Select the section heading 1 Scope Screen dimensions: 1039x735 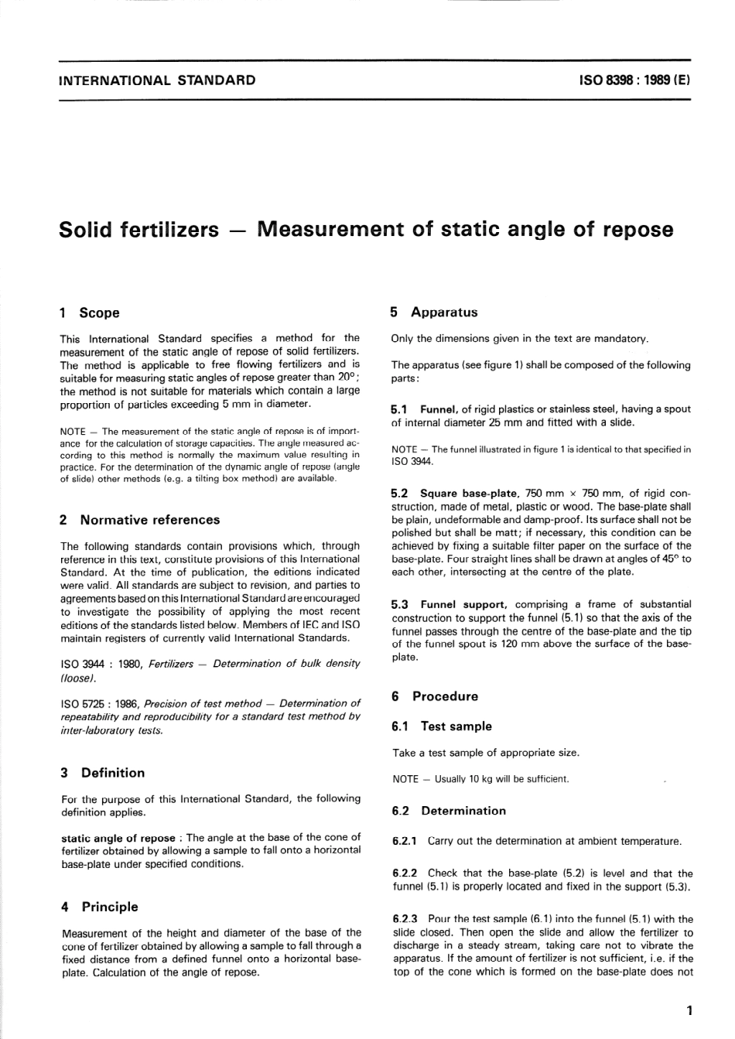coord(90,313)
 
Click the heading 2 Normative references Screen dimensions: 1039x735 coord(140,520)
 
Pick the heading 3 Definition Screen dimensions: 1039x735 coord(102,772)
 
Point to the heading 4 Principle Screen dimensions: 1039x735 coord(99,907)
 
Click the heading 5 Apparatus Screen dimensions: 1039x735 coord(434,313)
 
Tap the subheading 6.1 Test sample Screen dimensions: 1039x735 coord(442,726)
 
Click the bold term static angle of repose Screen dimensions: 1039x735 coord(118,837)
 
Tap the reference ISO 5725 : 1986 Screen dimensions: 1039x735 coord(101,703)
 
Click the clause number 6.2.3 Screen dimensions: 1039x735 coord(405,919)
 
